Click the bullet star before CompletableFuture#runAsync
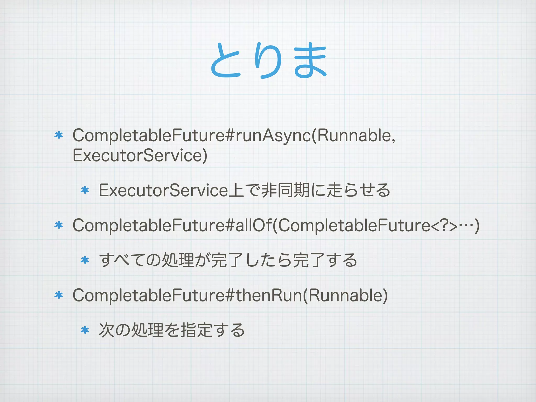point(59,135)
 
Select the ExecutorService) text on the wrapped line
point(140,155)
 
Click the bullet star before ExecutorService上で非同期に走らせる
point(85,190)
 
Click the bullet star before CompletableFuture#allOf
point(59,225)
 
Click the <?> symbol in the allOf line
point(444,226)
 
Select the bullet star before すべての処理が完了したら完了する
point(85,260)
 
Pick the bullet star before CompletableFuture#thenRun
point(59,295)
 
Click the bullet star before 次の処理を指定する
point(85,330)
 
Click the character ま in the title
point(310,61)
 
